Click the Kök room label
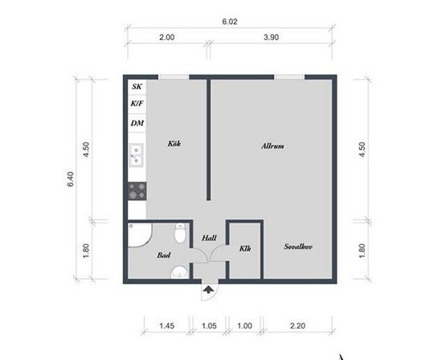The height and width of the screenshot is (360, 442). point(174,144)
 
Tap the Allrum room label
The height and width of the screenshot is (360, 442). point(272,146)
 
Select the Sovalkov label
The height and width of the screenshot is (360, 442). point(298,247)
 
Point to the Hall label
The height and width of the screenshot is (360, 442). point(209,238)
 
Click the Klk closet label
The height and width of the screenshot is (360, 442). point(245,248)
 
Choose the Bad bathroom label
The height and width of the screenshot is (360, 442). point(164,256)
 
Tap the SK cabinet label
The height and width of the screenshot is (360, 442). point(137,87)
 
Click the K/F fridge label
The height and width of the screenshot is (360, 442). point(137,104)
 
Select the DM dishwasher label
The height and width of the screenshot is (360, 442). point(137,123)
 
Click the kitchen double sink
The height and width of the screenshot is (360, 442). point(136,155)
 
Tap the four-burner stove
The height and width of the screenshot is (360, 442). point(137,191)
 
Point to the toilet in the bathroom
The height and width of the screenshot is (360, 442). point(180,233)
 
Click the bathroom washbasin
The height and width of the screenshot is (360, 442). point(179,272)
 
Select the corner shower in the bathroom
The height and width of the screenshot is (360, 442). point(140,235)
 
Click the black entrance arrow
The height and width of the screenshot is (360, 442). point(208,289)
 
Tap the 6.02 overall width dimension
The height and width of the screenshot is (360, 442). point(230,22)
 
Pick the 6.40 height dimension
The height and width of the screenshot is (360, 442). point(71,179)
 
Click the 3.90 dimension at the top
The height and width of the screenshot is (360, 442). point(271,37)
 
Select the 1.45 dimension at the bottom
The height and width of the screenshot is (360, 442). point(167,326)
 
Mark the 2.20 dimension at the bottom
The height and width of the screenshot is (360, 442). point(297,326)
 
